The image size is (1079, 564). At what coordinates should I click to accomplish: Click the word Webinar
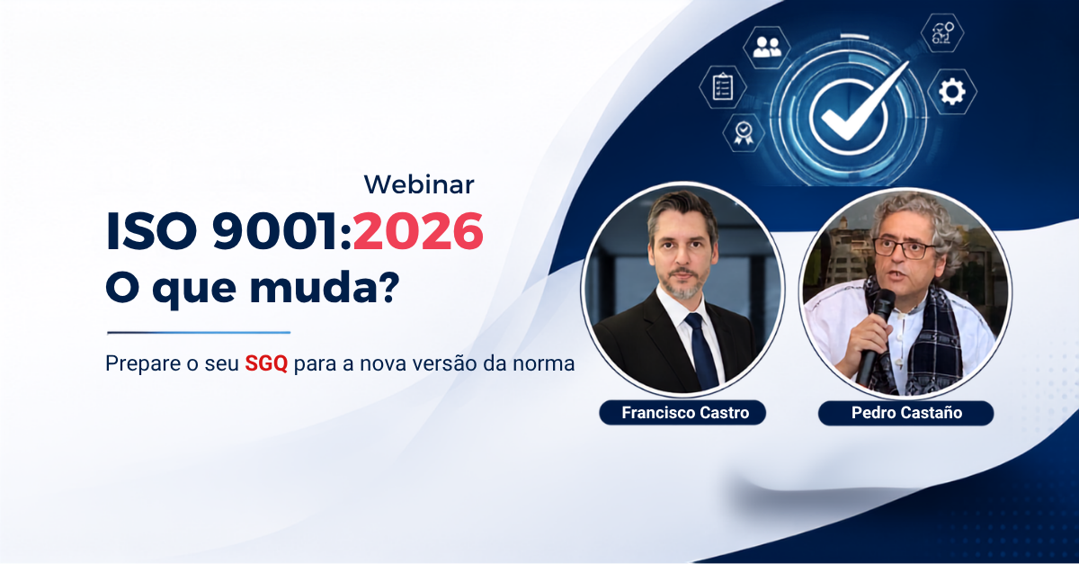coord(419,184)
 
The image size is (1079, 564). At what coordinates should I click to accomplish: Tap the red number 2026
coord(418,231)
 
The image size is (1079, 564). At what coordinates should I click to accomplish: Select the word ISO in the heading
coord(151,231)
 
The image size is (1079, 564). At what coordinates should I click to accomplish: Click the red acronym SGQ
coord(266,363)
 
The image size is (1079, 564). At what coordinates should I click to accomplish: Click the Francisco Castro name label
coord(683,413)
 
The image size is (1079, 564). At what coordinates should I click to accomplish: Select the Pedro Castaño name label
coord(906,413)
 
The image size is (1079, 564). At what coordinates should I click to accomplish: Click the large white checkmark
coord(863,103)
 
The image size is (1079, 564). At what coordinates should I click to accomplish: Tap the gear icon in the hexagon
coord(952,92)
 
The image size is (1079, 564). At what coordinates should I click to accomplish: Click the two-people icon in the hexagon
coord(767,48)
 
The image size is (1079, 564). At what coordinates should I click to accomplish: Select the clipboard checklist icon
coord(723,86)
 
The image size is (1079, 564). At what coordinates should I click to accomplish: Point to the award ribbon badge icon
coord(744,132)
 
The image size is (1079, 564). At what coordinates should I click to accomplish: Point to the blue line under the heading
coord(199,332)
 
